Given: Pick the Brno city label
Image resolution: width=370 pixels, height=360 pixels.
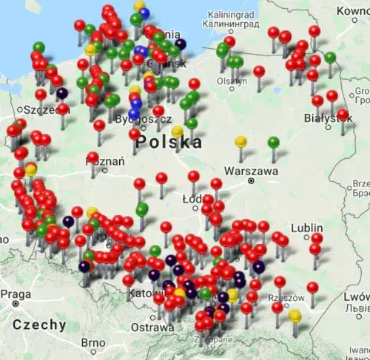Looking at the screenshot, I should [x=93, y=343].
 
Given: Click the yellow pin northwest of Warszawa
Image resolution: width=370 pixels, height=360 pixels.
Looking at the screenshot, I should [x=240, y=140].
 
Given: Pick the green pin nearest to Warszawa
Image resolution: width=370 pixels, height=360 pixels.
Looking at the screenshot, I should [x=274, y=141].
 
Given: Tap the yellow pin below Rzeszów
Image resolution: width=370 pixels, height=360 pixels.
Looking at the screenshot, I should [x=295, y=316].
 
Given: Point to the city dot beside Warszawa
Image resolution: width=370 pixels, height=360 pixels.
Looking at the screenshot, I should [x=252, y=180].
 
